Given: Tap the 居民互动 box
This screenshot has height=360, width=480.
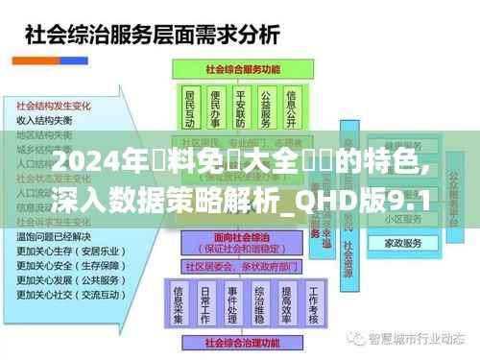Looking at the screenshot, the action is point(189,109).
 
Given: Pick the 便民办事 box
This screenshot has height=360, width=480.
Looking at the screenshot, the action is point(216,109).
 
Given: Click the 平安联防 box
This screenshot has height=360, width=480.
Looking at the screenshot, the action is point(241,109).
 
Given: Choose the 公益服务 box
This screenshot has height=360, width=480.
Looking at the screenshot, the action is point(267,109).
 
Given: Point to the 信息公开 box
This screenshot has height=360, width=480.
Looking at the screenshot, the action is point(294,109).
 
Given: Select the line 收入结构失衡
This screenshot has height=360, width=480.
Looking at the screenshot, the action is point(44,121).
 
